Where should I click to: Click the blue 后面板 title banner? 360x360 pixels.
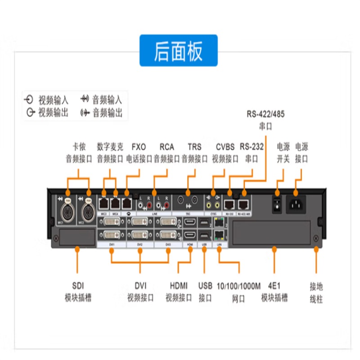click(x=178, y=50)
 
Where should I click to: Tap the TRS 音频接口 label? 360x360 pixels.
click(x=194, y=153)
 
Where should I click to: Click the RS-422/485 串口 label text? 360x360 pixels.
click(x=265, y=120)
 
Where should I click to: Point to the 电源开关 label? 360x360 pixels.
click(x=283, y=153)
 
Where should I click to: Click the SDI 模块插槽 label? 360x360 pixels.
click(x=77, y=291)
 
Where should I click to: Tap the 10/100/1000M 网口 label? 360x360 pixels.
click(x=238, y=292)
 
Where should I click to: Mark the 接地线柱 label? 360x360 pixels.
click(x=316, y=293)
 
